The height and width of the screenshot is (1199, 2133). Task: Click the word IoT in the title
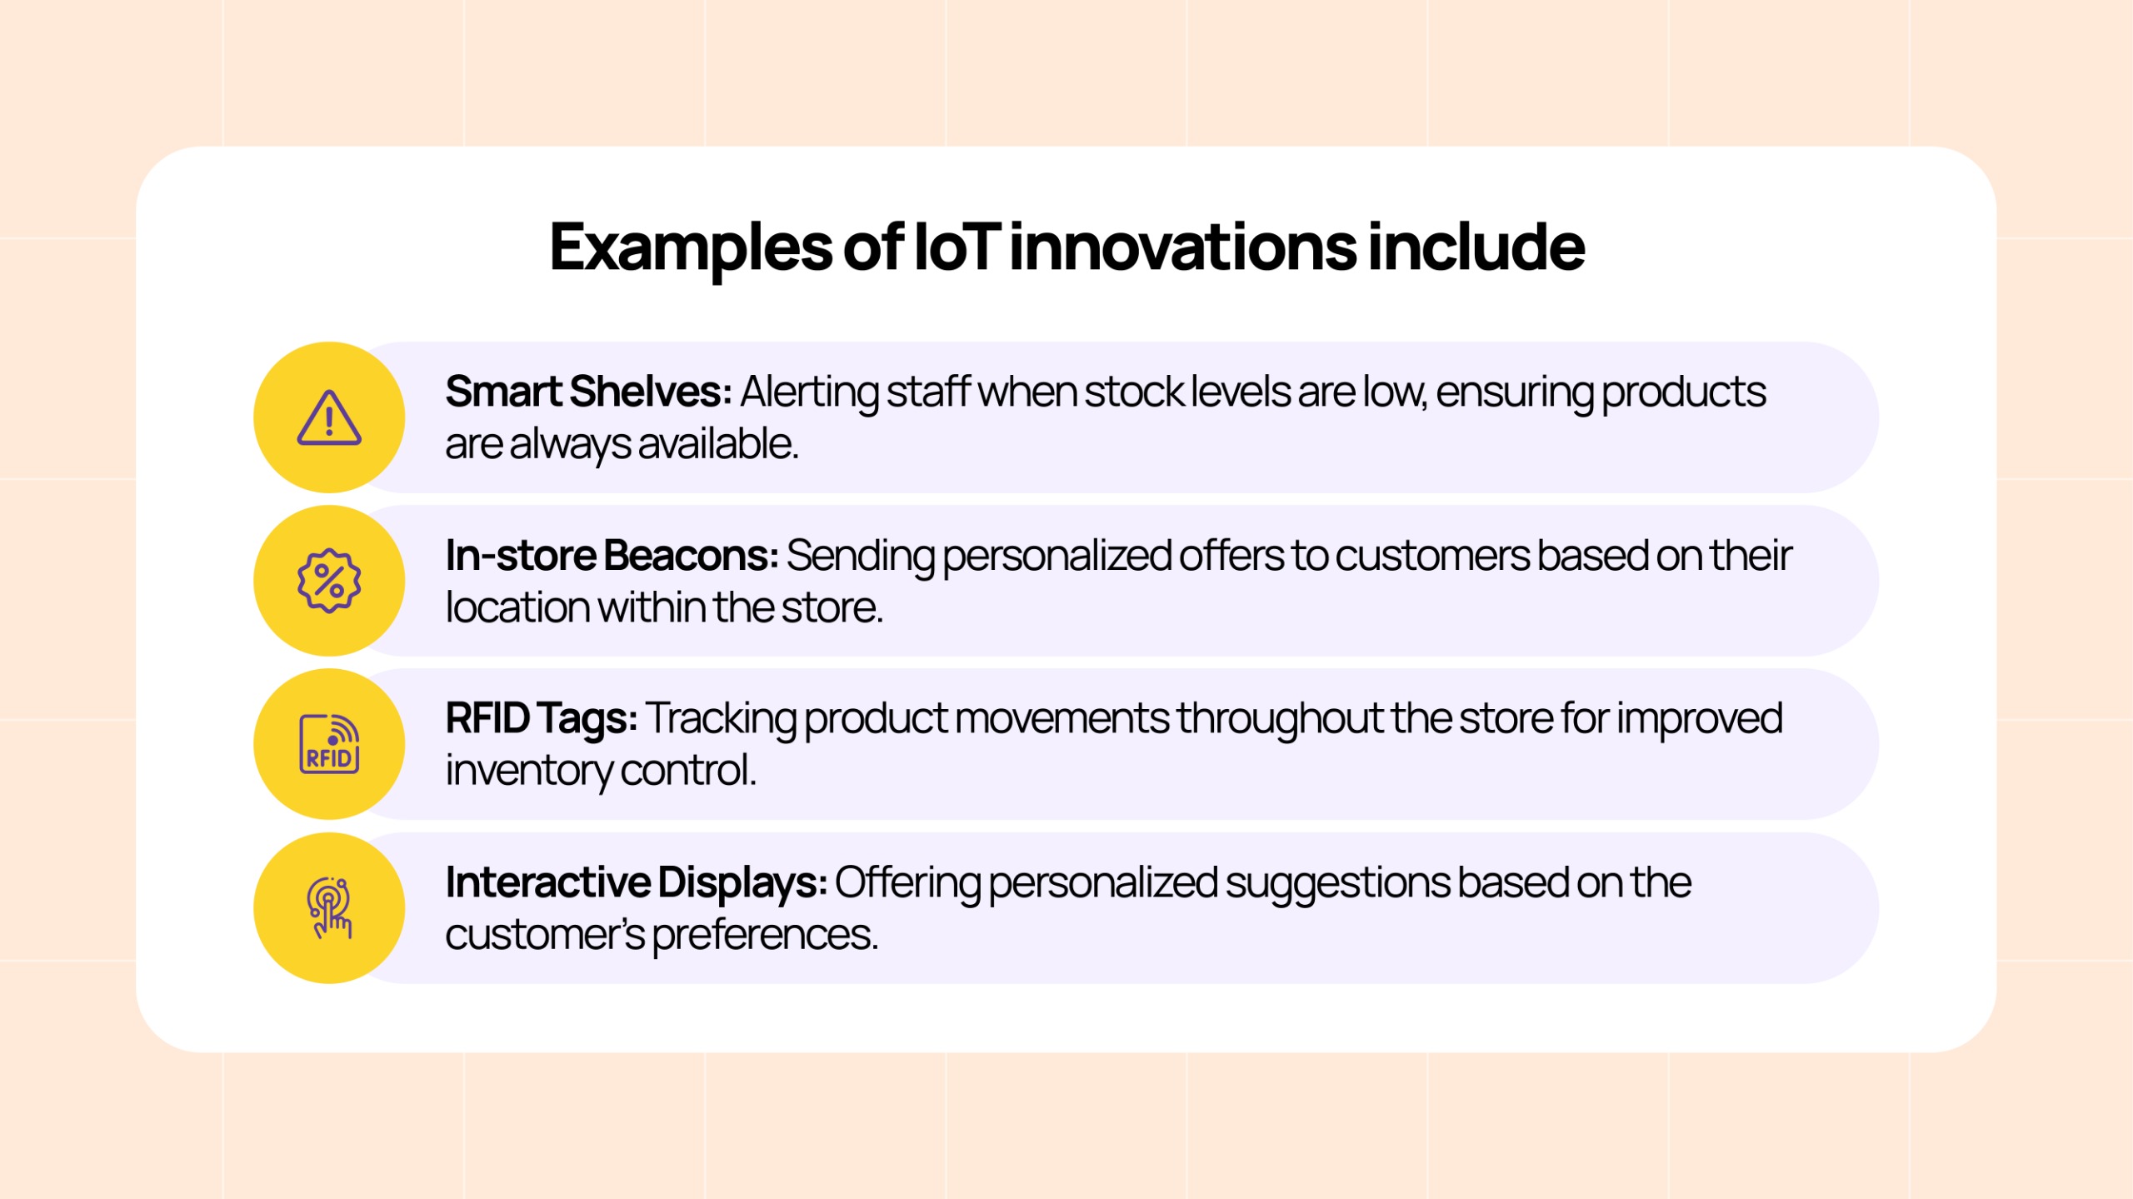(956, 247)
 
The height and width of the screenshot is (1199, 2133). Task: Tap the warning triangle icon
(329, 417)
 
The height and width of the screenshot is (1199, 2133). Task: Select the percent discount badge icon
(329, 581)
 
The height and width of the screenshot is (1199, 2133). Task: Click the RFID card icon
(329, 744)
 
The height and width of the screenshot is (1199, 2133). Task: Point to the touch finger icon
(329, 908)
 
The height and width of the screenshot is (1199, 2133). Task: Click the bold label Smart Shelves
(587, 392)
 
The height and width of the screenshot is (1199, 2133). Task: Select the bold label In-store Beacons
(611, 556)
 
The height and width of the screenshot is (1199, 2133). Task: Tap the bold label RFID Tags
(541, 718)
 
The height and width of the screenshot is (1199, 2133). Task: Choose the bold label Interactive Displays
(635, 882)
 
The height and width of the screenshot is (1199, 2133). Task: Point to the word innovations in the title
(1183, 247)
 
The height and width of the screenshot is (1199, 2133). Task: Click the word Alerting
(809, 392)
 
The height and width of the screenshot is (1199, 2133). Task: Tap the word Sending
(860, 557)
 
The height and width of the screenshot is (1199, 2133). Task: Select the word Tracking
(721, 719)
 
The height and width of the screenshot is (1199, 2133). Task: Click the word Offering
(907, 883)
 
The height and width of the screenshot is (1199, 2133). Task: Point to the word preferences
(764, 935)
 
